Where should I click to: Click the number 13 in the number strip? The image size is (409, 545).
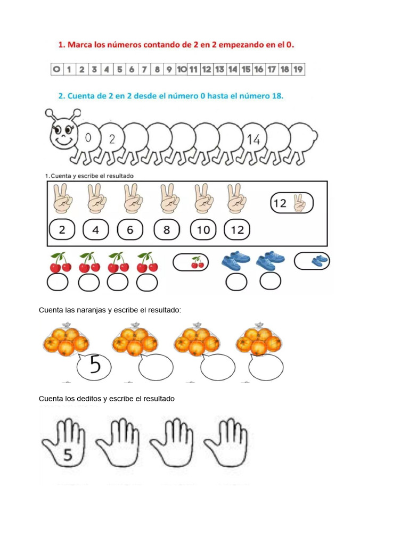(219, 69)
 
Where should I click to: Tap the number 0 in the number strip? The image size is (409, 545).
(56, 69)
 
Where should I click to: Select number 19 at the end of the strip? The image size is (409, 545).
(298, 69)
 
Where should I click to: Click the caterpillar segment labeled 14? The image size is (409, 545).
(253, 139)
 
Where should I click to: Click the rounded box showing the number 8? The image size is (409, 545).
(167, 230)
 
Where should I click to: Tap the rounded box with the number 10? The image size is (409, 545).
(203, 230)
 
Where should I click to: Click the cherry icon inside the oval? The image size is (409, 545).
(197, 262)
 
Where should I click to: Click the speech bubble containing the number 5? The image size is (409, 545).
(95, 366)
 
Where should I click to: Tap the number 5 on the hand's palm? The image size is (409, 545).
(68, 455)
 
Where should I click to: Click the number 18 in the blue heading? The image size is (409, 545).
(277, 96)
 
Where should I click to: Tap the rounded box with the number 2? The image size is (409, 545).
(62, 230)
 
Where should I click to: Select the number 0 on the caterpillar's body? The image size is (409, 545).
(88, 138)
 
